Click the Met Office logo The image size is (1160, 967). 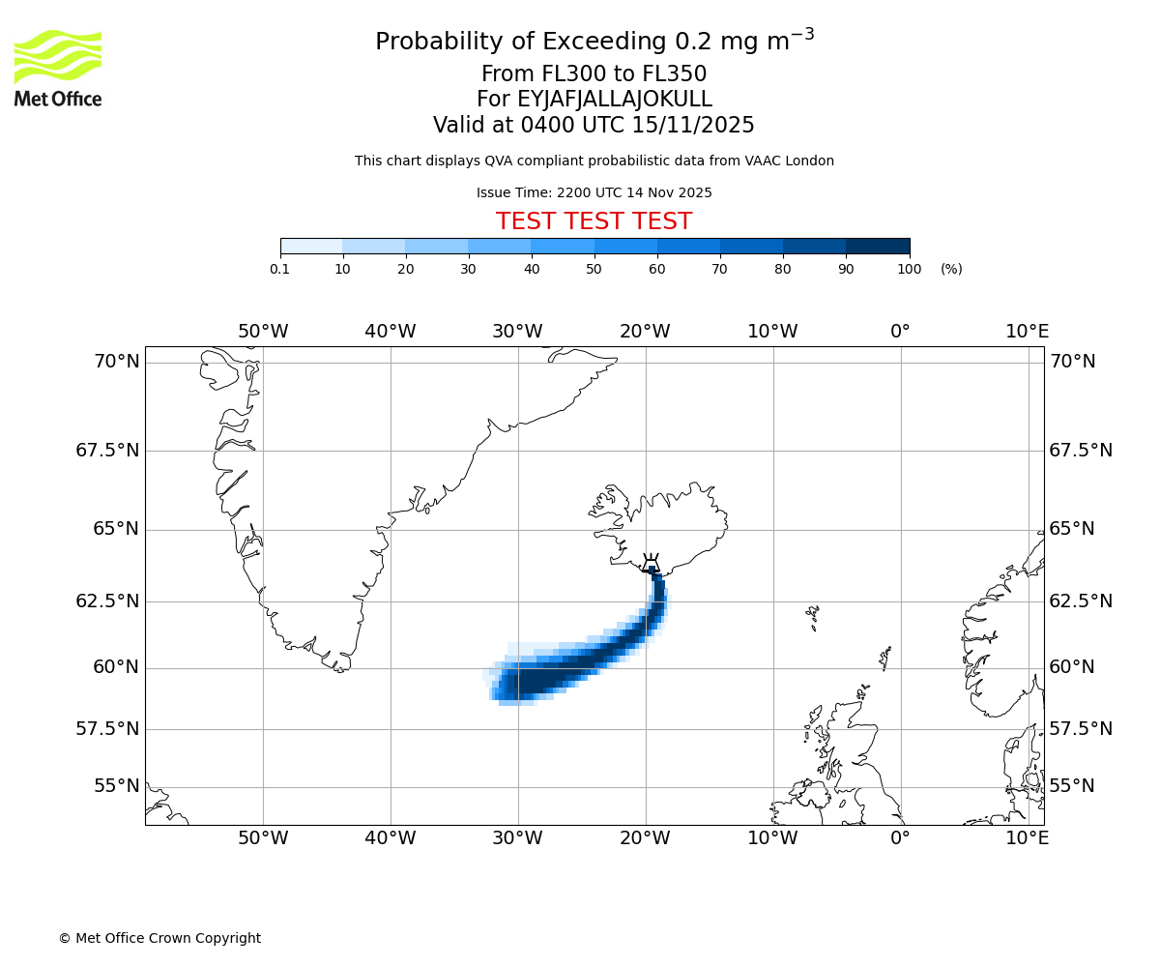58,68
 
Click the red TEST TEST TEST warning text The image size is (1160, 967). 594,221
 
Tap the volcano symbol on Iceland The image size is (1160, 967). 651,564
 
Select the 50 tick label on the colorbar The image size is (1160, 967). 594,269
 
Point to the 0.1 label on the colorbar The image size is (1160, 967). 279,269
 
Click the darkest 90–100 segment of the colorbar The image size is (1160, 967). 878,247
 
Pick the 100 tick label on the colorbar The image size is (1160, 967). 909,269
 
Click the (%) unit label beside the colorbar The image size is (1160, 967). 951,269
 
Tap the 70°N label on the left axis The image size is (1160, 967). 116,362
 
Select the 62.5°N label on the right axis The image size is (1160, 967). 1080,601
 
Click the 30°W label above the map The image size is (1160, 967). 517,332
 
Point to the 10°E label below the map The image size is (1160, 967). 1027,838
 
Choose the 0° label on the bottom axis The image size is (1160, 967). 900,838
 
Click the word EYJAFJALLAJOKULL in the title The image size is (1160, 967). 615,100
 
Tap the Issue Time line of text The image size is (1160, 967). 594,192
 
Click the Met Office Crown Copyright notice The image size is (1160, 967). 159,938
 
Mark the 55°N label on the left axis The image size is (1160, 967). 116,786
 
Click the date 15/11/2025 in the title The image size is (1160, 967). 693,126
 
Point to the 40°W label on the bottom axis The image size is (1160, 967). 390,838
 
